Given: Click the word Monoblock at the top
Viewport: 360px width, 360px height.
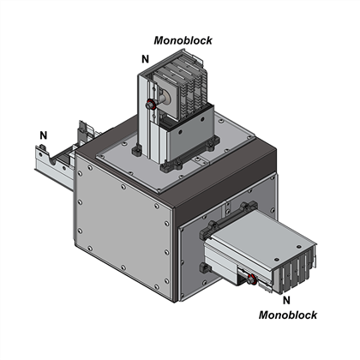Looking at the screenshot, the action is point(183,40).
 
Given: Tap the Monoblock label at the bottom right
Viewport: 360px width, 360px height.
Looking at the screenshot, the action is point(288,315).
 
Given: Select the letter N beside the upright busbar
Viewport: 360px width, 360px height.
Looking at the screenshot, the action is point(146,59).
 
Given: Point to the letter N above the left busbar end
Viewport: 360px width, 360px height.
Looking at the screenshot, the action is point(44,135).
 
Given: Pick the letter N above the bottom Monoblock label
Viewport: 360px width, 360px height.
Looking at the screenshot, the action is point(286,300).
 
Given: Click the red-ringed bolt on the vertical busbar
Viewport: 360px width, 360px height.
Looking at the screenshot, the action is point(151,105).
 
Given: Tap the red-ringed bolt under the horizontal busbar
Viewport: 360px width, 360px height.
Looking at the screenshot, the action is point(251,279).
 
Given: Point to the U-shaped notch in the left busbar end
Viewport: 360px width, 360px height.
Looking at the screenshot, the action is point(53,161).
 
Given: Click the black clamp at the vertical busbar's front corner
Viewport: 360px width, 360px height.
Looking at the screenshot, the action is point(171,166).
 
